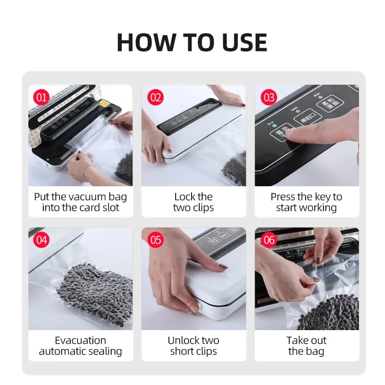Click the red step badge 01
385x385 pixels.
coord(42,98)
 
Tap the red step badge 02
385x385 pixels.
coord(155,98)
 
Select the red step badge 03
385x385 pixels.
coord(269,98)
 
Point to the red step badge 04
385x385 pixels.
coord(42,240)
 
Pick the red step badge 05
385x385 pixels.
coord(155,240)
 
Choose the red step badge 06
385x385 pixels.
coord(269,240)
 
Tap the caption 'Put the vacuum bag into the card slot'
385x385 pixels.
coord(80,202)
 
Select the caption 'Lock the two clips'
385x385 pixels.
coord(193,202)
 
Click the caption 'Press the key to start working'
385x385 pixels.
coord(307,202)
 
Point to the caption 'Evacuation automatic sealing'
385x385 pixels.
coord(80,346)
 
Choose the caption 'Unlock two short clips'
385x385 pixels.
coord(193,346)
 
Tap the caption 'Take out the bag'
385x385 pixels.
coord(307,346)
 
